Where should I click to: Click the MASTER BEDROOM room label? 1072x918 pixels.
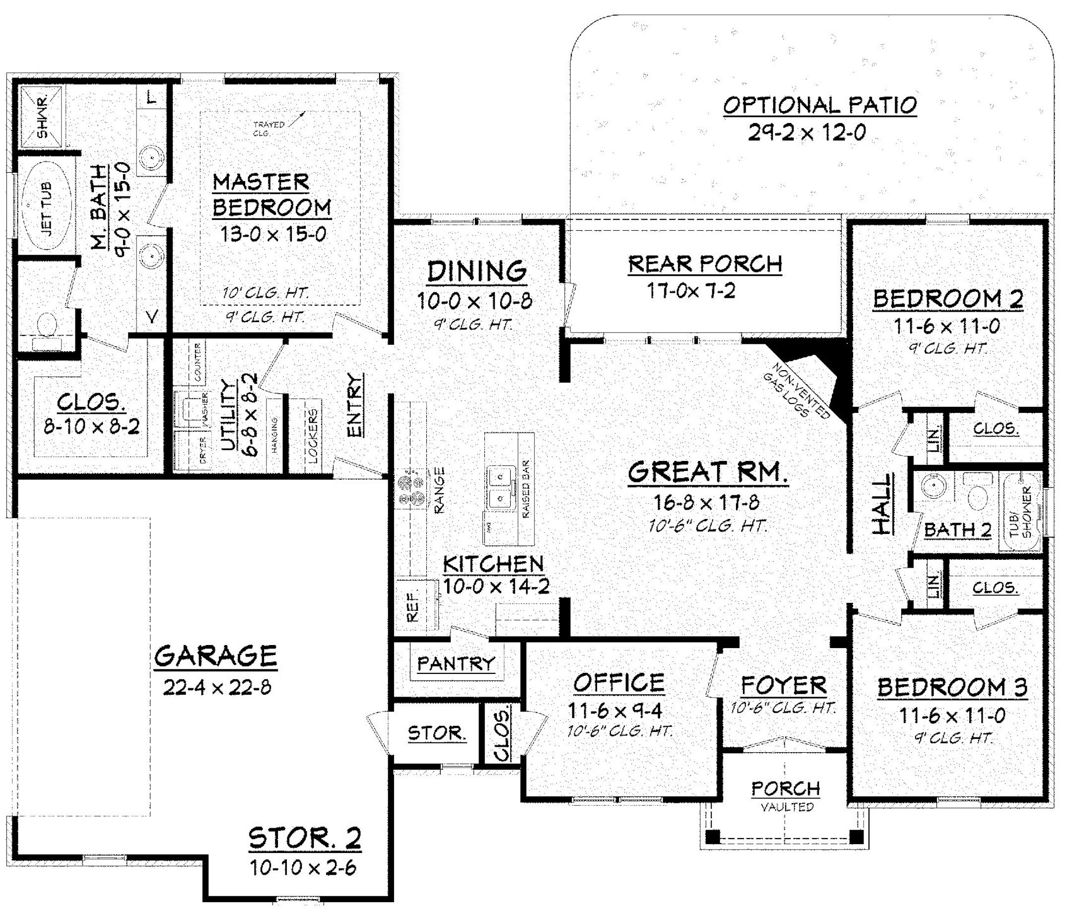271,195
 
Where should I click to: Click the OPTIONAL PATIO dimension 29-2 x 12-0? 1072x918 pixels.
806,133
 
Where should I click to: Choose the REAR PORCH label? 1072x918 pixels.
705,264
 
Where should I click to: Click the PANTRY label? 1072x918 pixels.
456,663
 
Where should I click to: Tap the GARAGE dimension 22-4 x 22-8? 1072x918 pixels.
217,688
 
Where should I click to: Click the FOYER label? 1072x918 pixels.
783,686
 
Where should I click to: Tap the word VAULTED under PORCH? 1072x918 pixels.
787,807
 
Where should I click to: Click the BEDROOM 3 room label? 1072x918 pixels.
952,687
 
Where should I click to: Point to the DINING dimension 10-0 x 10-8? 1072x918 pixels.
474,301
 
